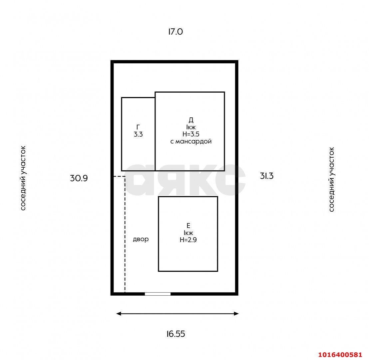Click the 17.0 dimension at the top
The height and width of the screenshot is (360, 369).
click(x=176, y=32)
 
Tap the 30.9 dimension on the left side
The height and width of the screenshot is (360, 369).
click(x=79, y=178)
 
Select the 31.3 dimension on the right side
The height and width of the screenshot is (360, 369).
click(x=267, y=176)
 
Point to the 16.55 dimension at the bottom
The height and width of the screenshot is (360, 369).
click(x=176, y=334)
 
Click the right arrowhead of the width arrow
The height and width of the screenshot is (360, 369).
click(x=236, y=314)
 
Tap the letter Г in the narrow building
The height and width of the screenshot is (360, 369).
click(x=138, y=127)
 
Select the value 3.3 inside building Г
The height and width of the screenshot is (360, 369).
click(x=138, y=134)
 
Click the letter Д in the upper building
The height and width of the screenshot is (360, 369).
click(x=191, y=120)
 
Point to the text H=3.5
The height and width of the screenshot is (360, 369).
click(x=191, y=134)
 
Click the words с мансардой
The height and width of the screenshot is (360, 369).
click(x=191, y=141)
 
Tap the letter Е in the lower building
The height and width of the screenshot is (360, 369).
click(x=188, y=225)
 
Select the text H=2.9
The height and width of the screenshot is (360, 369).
click(x=188, y=240)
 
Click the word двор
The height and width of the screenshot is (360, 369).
click(x=141, y=239)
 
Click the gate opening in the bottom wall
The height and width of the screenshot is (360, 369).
click(x=158, y=294)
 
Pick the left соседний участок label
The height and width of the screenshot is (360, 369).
click(x=23, y=178)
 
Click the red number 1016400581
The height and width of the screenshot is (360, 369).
click(x=340, y=355)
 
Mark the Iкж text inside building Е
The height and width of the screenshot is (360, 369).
click(x=188, y=233)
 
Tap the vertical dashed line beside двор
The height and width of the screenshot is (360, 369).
click(x=125, y=234)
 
